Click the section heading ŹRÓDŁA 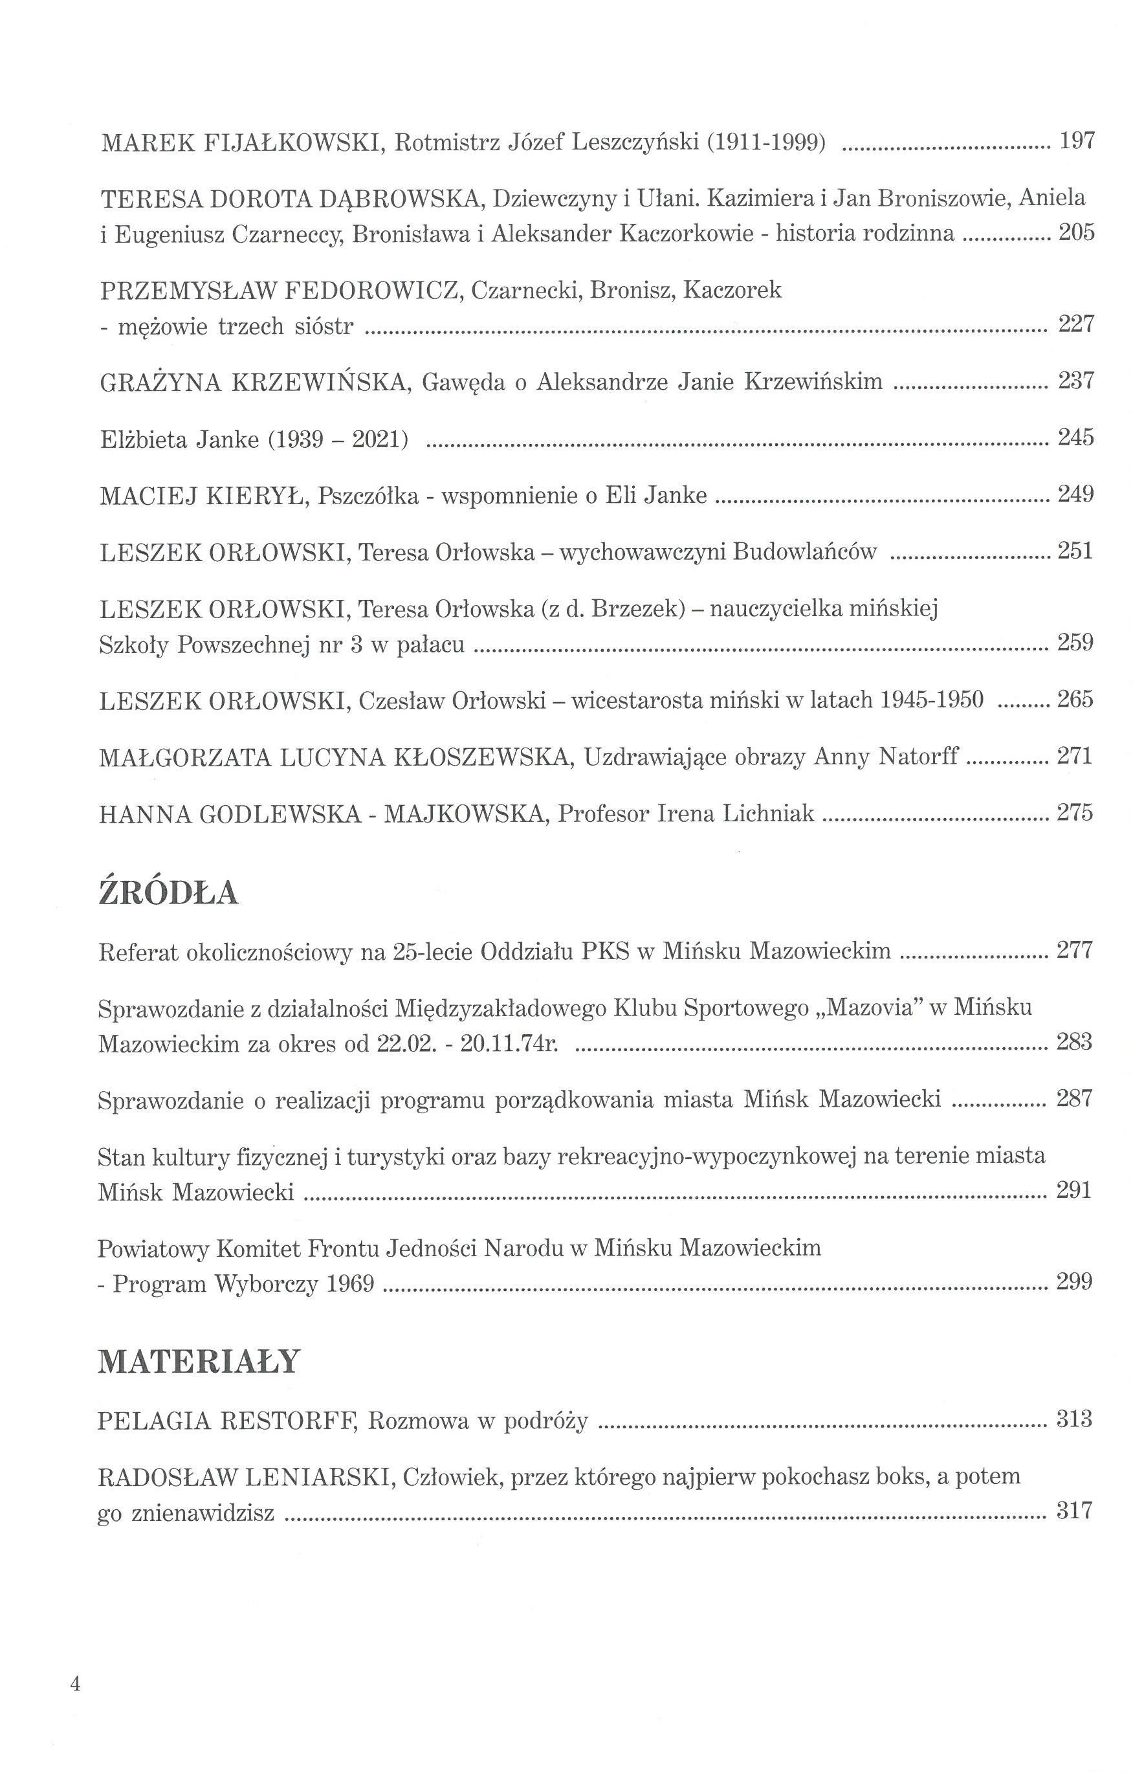click(x=168, y=892)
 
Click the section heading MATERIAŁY click(x=199, y=1362)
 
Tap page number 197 click(x=1076, y=140)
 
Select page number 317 click(x=1074, y=1511)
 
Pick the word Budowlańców click(x=804, y=552)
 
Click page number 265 click(x=1075, y=699)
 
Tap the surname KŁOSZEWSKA click(x=482, y=757)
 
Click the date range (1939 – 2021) click(x=338, y=440)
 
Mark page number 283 click(x=1074, y=1042)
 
